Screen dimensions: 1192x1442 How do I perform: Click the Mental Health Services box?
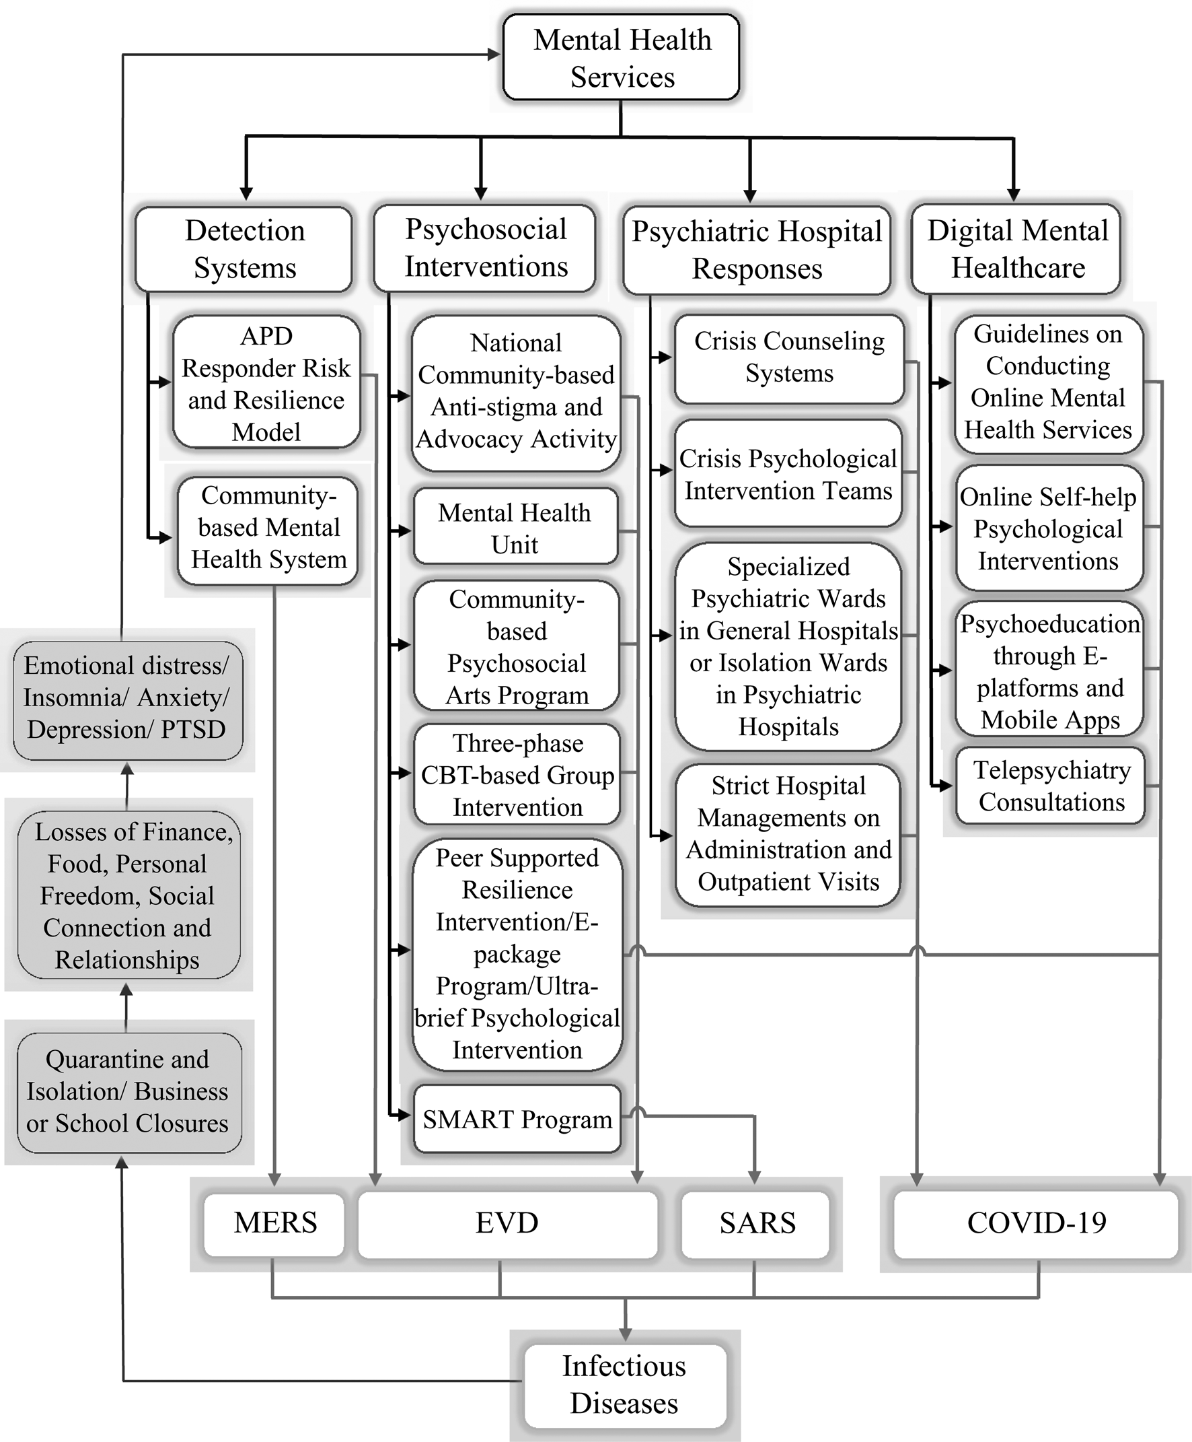(x=621, y=58)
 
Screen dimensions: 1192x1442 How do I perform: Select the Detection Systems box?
(x=244, y=249)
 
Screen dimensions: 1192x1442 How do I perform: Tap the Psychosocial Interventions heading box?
(x=485, y=248)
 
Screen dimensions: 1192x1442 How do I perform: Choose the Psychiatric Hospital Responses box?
(x=757, y=250)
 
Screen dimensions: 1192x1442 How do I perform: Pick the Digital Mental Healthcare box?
(x=1016, y=249)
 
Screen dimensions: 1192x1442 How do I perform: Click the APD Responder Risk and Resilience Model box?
(x=266, y=382)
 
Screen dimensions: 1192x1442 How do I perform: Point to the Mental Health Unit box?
(x=515, y=526)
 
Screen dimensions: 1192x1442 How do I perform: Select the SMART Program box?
(x=517, y=1120)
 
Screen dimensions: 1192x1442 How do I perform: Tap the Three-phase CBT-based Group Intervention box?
(x=517, y=775)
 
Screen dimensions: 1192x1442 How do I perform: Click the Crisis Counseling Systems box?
(x=789, y=359)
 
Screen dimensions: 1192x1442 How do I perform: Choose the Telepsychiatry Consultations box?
(x=1051, y=786)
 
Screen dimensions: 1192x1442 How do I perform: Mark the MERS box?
(x=274, y=1223)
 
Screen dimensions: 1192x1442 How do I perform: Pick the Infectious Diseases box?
(x=624, y=1385)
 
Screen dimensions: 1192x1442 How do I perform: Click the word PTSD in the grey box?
(x=193, y=729)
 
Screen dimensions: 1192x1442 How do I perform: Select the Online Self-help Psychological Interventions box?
(x=1049, y=528)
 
